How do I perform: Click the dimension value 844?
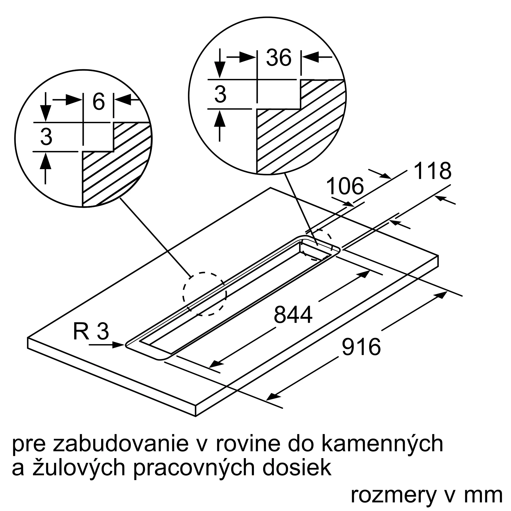pyautogui.click(x=293, y=315)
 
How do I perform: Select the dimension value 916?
pyautogui.click(x=361, y=347)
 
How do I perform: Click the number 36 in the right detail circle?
pyautogui.click(x=278, y=57)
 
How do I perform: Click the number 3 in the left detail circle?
pyautogui.click(x=46, y=137)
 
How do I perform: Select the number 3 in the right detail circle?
pyautogui.click(x=220, y=94)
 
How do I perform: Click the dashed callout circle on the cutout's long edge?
pyautogui.click(x=204, y=294)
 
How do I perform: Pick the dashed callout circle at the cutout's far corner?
pyautogui.click(x=317, y=245)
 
